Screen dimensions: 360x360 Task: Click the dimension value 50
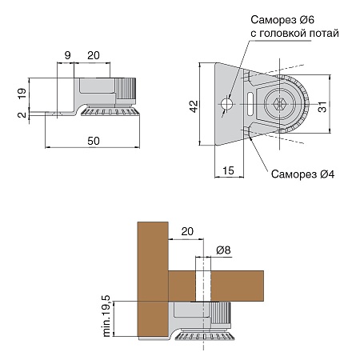pyautogui.click(x=94, y=141)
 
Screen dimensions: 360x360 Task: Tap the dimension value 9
pyautogui.click(x=68, y=55)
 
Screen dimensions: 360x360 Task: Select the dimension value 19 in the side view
pyautogui.click(x=22, y=94)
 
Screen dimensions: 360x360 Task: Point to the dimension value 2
pyautogui.click(x=22, y=114)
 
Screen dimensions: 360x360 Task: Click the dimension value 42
pyautogui.click(x=194, y=106)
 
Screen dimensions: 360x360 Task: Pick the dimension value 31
pyautogui.click(x=322, y=106)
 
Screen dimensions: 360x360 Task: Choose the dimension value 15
pyautogui.click(x=228, y=170)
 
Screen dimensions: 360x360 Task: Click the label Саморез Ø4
pyautogui.click(x=302, y=174)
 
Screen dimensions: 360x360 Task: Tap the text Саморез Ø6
pyautogui.click(x=282, y=20)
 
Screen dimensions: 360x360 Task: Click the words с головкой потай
pyautogui.click(x=294, y=34)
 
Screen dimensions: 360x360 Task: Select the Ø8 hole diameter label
pyautogui.click(x=223, y=250)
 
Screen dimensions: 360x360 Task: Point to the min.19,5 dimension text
pyautogui.click(x=106, y=316)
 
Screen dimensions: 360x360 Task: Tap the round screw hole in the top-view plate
pyautogui.click(x=227, y=104)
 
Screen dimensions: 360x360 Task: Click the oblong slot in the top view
pyautogui.click(x=250, y=104)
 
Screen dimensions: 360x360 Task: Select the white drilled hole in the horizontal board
pyautogui.click(x=203, y=286)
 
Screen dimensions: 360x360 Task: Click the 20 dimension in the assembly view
pyautogui.click(x=187, y=231)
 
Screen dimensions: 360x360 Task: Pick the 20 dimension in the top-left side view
pyautogui.click(x=94, y=55)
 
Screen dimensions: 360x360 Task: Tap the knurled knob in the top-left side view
pyautogui.click(x=126, y=89)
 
